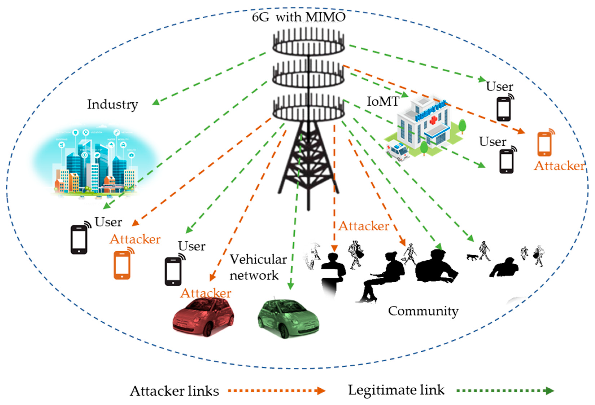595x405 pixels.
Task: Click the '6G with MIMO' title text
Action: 298,17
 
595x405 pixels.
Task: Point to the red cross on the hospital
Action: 433,120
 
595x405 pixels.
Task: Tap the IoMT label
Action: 383,102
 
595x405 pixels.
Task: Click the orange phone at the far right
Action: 545,143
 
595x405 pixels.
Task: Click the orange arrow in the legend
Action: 276,391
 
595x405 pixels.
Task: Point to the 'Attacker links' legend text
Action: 174,391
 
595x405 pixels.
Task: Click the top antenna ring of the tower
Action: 309,46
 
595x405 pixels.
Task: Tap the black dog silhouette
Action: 472,257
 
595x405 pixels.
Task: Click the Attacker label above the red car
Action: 206,293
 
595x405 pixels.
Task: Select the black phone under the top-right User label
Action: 504,109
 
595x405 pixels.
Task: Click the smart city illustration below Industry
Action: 95,164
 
